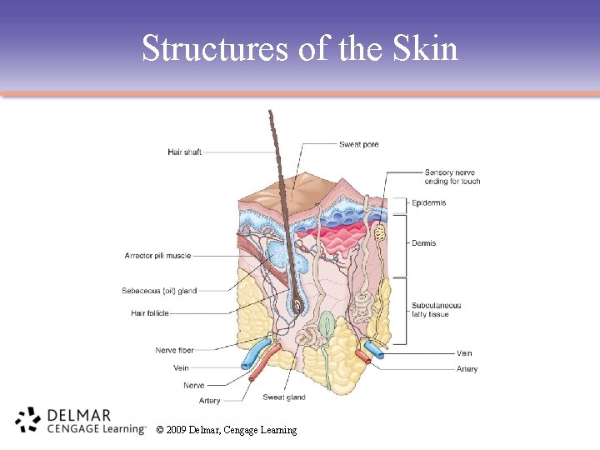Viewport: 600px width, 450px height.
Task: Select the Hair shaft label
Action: click(x=184, y=152)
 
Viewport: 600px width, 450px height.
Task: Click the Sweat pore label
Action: click(x=358, y=144)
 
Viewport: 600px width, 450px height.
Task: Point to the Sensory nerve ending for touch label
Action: click(x=452, y=177)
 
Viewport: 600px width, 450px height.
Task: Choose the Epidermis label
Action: click(x=428, y=202)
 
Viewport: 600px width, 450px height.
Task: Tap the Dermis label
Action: click(x=423, y=243)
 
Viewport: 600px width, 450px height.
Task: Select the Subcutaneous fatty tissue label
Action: click(x=436, y=310)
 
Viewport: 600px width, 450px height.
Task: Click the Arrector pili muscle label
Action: click(x=157, y=256)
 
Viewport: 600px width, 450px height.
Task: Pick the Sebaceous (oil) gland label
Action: click(x=159, y=291)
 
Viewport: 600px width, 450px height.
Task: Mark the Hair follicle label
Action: click(x=150, y=313)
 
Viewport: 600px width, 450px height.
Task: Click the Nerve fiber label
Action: click(x=174, y=350)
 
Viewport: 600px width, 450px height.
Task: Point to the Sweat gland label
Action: click(x=284, y=397)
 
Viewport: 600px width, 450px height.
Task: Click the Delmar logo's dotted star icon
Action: click(x=27, y=420)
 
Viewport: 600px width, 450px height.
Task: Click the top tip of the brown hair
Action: click(x=270, y=112)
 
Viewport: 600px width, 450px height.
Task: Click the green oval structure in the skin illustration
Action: click(x=328, y=322)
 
